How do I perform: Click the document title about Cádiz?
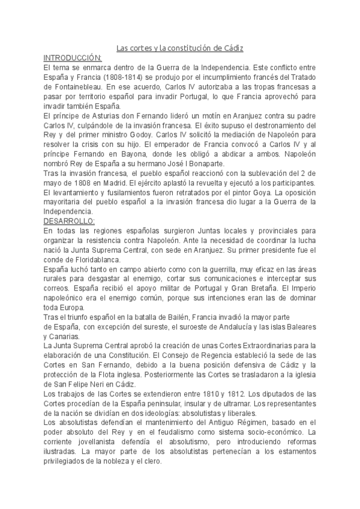coord(179,48)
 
